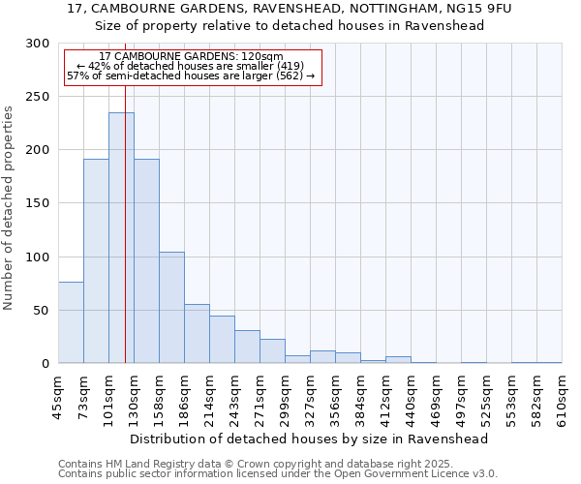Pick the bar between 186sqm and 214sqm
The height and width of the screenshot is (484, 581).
[x=197, y=333]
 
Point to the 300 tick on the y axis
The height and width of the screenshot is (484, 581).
[x=39, y=44]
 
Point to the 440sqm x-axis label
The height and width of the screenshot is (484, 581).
[x=412, y=395]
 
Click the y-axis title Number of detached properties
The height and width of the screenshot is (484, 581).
[x=9, y=207]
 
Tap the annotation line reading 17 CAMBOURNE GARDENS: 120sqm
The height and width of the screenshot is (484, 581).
[x=191, y=57]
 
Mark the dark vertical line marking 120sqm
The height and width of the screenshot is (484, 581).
[x=126, y=290]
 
